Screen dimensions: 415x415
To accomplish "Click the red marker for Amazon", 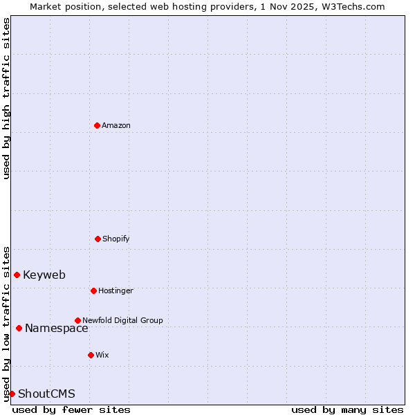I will pyautogui.click(x=97, y=125).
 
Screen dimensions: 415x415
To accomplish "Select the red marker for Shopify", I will pyautogui.click(x=98, y=239).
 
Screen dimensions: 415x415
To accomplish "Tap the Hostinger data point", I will pyautogui.click(x=93, y=290).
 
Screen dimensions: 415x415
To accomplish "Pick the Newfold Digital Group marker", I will pyautogui.click(x=77, y=320).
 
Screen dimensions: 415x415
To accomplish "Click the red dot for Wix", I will pyautogui.click(x=91, y=355).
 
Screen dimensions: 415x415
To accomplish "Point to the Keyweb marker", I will pyautogui.click(x=17, y=275).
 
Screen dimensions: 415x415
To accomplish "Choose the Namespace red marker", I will pyautogui.click(x=19, y=328).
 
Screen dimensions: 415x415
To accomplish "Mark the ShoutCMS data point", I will pyautogui.click(x=12, y=394).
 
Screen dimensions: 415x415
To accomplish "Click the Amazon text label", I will pyautogui.click(x=116, y=125).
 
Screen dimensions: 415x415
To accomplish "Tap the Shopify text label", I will pyautogui.click(x=116, y=239).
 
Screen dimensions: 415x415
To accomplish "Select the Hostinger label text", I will pyautogui.click(x=116, y=290).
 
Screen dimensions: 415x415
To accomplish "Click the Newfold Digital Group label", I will pyautogui.click(x=122, y=320).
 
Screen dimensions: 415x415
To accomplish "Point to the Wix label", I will pyautogui.click(x=102, y=355).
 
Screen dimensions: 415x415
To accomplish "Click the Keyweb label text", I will pyautogui.click(x=44, y=275).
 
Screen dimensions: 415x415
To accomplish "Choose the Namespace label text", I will pyautogui.click(x=57, y=328).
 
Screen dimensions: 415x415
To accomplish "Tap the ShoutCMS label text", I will pyautogui.click(x=46, y=394).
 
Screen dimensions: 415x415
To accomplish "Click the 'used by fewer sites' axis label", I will pyautogui.click(x=71, y=409).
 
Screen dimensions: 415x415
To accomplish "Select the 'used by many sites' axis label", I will pyautogui.click(x=347, y=409).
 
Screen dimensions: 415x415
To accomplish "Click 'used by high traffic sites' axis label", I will pyautogui.click(x=6, y=98).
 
